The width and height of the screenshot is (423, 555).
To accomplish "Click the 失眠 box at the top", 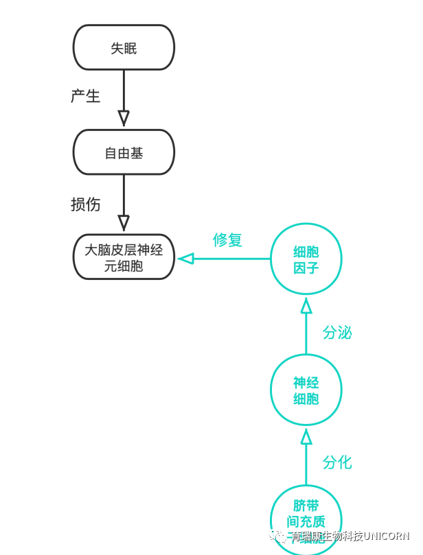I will click(x=124, y=48).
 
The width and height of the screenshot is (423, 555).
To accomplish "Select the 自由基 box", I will click(x=124, y=152).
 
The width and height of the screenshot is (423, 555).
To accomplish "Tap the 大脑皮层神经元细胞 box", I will click(x=124, y=257).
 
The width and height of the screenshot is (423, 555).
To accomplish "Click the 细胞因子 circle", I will click(x=306, y=259).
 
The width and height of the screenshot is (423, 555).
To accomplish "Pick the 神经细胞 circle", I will click(x=306, y=390).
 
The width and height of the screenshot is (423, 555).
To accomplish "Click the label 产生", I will click(x=85, y=96).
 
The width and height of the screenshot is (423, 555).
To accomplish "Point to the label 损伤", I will click(x=85, y=204).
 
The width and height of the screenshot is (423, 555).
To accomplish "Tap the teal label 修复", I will click(x=227, y=239).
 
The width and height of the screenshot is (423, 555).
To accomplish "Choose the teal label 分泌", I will click(x=337, y=333).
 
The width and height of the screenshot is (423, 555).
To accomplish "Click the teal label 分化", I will click(x=337, y=462).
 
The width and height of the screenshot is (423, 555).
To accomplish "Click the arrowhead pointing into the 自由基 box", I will click(x=124, y=119).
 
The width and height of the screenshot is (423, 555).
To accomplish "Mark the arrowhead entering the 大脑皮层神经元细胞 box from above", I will click(x=124, y=223).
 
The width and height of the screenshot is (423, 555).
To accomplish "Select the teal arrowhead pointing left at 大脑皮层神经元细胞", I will click(x=186, y=259).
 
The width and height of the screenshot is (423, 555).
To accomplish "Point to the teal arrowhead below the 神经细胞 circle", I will click(x=306, y=437).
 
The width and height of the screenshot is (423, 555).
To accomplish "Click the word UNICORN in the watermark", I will click(x=386, y=536).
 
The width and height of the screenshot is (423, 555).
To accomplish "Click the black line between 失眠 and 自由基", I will click(x=124, y=89).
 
